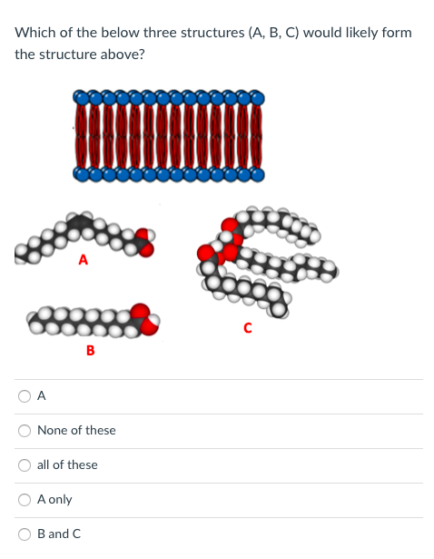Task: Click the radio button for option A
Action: pos(25,395)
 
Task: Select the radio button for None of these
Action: pos(25,430)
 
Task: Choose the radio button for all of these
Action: pos(25,464)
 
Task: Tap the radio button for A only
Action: pos(25,499)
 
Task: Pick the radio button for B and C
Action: pos(25,534)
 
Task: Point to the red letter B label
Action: pos(89,350)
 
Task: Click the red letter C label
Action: pos(246,329)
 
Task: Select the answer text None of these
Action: pos(76,430)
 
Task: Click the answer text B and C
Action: pos(59,534)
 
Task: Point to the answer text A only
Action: pos(54,499)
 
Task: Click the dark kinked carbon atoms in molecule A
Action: pos(81,221)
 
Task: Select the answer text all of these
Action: pos(67,464)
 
